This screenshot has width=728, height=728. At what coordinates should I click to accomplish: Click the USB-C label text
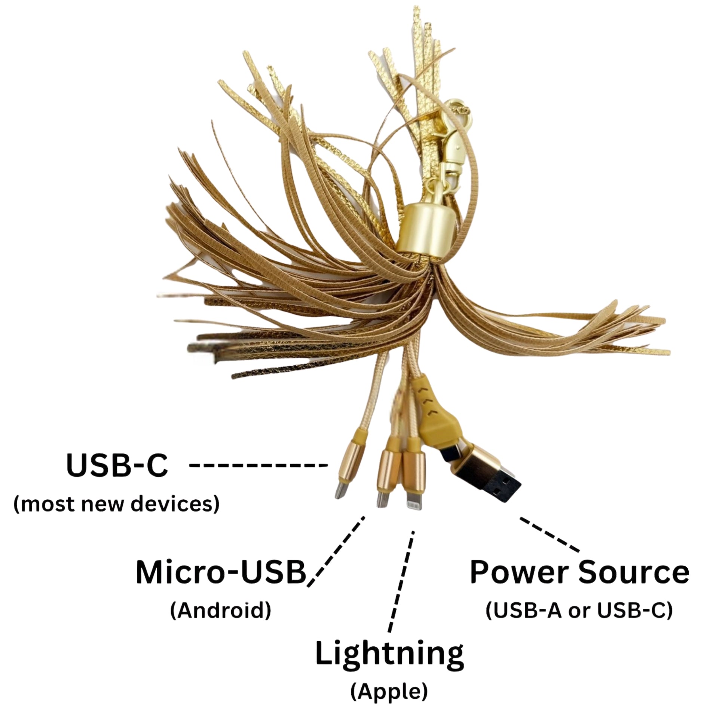[117, 466]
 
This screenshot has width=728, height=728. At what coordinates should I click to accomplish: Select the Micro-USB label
[220, 572]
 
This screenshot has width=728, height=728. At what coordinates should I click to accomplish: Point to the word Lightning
[389, 655]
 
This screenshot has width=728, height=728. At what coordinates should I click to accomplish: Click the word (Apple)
[389, 692]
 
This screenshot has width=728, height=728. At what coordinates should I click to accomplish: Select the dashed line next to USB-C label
[258, 466]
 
